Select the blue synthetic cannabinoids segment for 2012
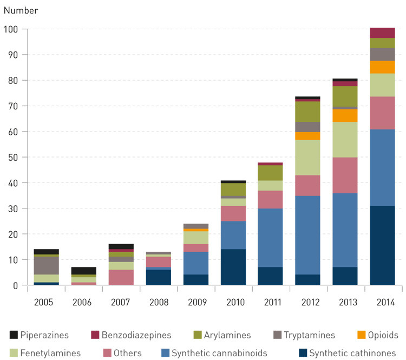coord(307,235)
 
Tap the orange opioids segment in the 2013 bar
coord(345,115)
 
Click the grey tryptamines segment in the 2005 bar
coord(46,265)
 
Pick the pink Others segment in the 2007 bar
coord(121,277)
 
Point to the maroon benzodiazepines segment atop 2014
coord(382,32)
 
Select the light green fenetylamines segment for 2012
coord(307,158)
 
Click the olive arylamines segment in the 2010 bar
coord(233,189)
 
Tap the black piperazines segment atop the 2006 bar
coord(83,271)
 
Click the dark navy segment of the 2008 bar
coord(158,277)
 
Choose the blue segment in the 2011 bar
coord(270,238)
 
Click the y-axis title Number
coord(21,10)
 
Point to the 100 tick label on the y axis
coord(10,29)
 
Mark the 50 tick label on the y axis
coord(12,158)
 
